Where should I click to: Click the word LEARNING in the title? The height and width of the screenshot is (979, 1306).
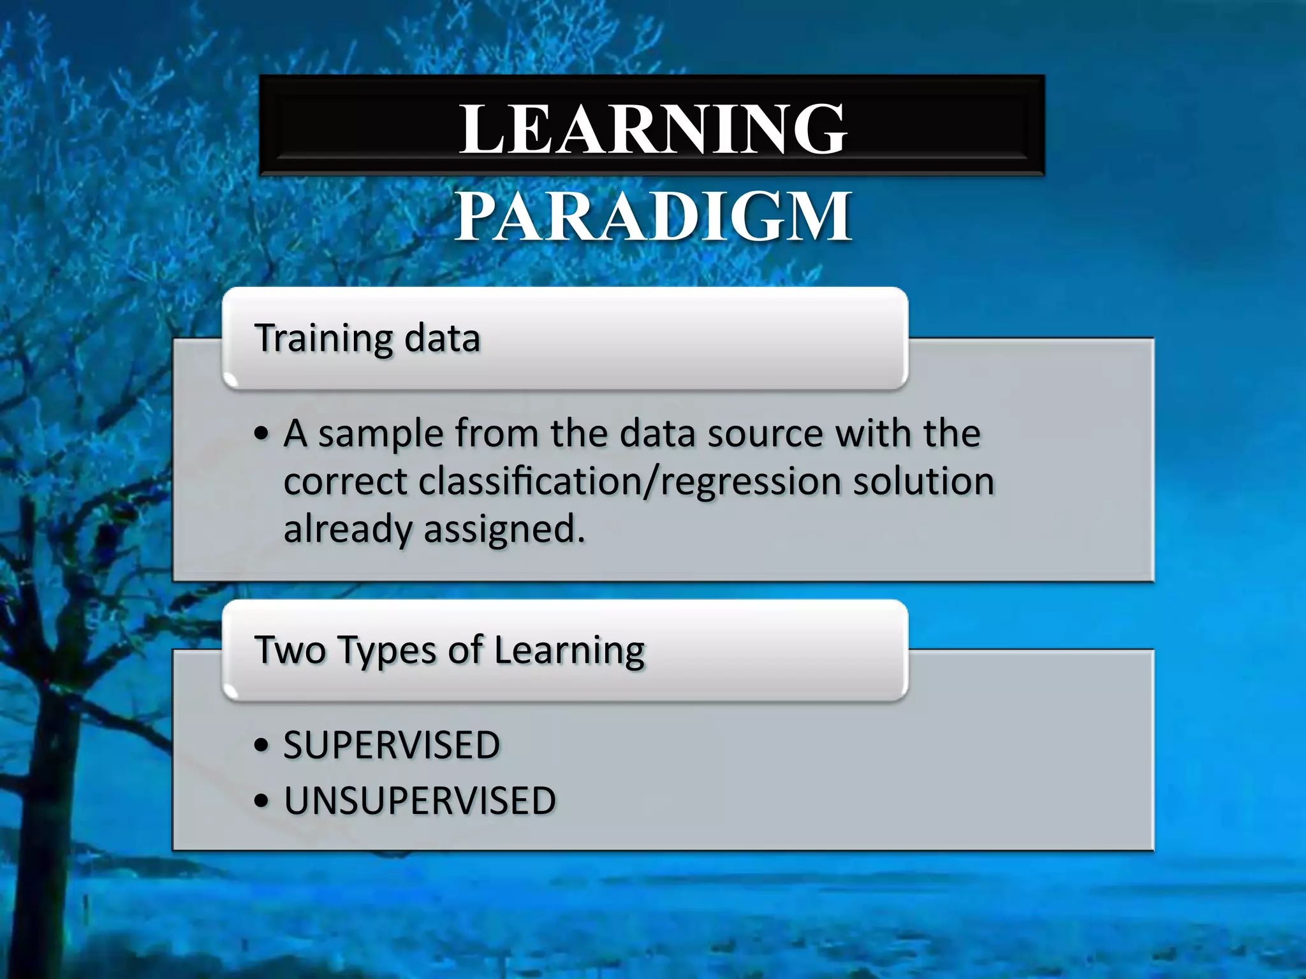[652, 129]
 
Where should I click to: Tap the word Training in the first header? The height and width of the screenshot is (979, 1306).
[323, 338]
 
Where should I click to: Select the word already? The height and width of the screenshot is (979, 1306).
[348, 530]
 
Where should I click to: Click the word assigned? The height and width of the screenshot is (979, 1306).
[504, 530]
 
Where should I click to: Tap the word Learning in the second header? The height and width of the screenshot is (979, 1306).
[569, 651]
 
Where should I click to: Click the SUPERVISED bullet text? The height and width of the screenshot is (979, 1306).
[392, 745]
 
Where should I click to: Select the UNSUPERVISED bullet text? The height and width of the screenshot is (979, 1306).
[420, 801]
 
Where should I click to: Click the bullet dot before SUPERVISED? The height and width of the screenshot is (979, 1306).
[261, 746]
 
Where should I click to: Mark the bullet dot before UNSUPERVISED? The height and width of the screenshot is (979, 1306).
[261, 802]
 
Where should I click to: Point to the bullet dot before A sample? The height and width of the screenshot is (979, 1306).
[261, 435]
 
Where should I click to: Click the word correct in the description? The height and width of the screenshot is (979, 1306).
[345, 482]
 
